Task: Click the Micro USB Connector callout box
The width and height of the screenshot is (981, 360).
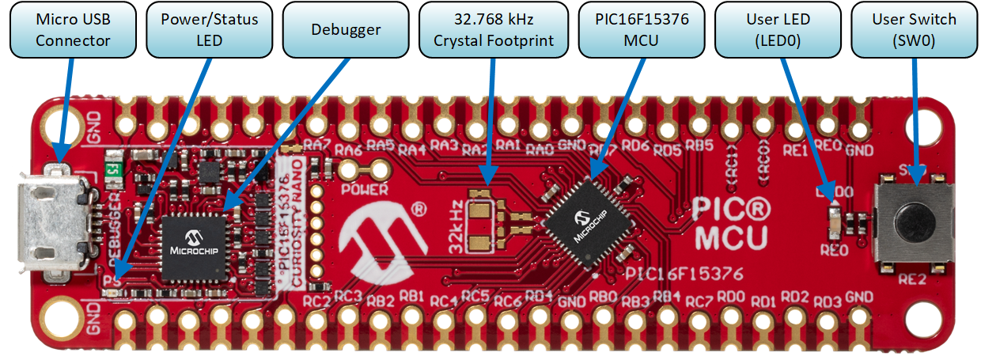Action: pyautogui.click(x=73, y=30)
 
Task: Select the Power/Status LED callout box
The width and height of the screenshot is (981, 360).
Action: pyautogui.click(x=209, y=30)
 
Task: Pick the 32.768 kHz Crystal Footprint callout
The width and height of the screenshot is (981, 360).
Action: pyautogui.click(x=492, y=30)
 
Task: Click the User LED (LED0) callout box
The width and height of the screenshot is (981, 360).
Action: pyautogui.click(x=778, y=30)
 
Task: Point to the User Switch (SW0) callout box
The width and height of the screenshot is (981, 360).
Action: pyautogui.click(x=914, y=30)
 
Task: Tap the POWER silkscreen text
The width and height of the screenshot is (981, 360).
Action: pyautogui.click(x=364, y=190)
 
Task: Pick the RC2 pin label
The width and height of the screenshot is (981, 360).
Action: pyautogui.click(x=316, y=301)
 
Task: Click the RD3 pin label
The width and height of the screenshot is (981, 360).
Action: pyautogui.click(x=827, y=302)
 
